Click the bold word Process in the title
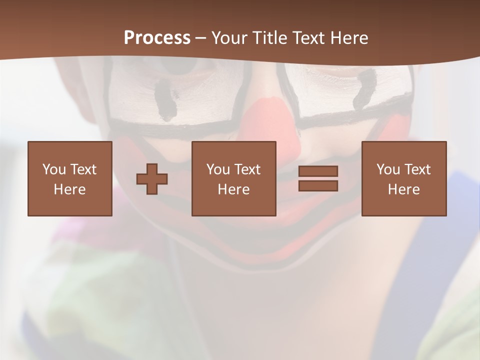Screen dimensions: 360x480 (x=157, y=38)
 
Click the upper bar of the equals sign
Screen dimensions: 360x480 (x=318, y=171)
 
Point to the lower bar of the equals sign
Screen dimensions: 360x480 (x=318, y=186)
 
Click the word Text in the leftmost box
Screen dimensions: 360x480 (x=83, y=169)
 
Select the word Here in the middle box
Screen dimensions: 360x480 (x=233, y=189)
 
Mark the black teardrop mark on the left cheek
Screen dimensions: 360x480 (x=164, y=100)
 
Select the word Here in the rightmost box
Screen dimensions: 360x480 (x=403, y=189)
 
